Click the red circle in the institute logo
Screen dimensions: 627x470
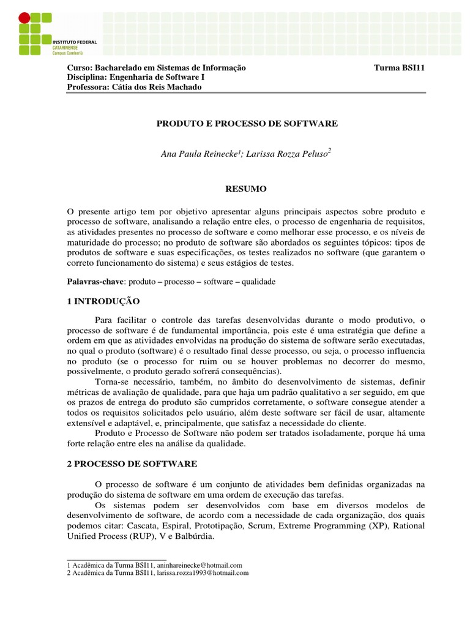click(24, 18)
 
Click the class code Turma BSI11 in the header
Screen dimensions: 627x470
click(399, 68)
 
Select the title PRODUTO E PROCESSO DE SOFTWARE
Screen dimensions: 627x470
click(247, 124)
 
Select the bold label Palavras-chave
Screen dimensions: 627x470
click(95, 282)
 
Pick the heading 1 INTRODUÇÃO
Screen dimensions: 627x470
click(103, 301)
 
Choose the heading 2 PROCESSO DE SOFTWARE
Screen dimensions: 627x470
click(132, 464)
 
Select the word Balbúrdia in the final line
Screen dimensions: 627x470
click(193, 536)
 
